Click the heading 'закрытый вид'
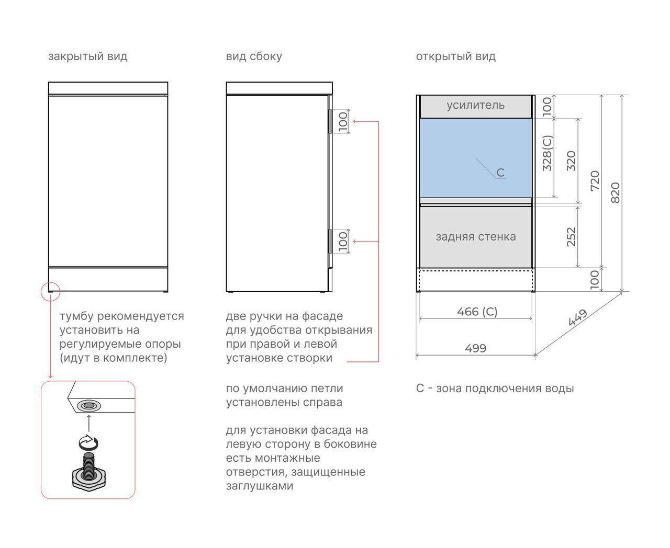tap(88, 57)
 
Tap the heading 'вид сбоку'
tap(254, 56)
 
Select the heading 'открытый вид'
tap(455, 57)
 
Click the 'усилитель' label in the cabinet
tap(475, 105)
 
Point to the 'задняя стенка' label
tap(476, 237)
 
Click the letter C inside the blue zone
tap(500, 173)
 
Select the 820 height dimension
tap(615, 192)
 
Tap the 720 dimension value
tap(595, 181)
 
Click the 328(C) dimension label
tap(548, 153)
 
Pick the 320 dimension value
tap(571, 161)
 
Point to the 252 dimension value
tap(571, 237)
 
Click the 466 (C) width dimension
tap(477, 312)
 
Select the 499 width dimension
tap(475, 348)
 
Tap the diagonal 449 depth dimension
tap(577, 317)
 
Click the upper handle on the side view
tap(330, 121)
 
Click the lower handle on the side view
tap(330, 241)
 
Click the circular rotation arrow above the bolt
tap(88, 442)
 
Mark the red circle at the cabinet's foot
tap(51, 291)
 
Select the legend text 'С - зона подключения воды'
tap(495, 389)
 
